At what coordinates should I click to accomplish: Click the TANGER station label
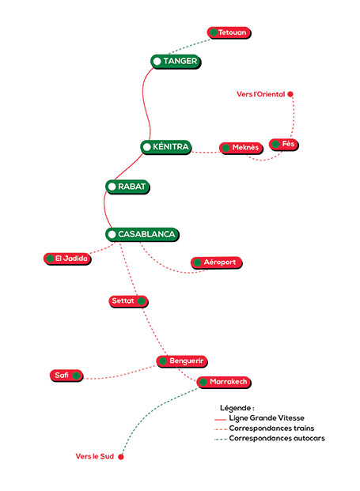(x=175, y=61)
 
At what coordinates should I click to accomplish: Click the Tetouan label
(x=228, y=32)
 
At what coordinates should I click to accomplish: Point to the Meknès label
(x=241, y=148)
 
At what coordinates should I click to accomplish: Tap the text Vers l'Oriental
(x=260, y=94)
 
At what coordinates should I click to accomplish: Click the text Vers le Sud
(x=95, y=456)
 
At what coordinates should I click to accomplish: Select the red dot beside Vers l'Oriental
(x=290, y=94)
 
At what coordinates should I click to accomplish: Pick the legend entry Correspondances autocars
(x=276, y=437)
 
